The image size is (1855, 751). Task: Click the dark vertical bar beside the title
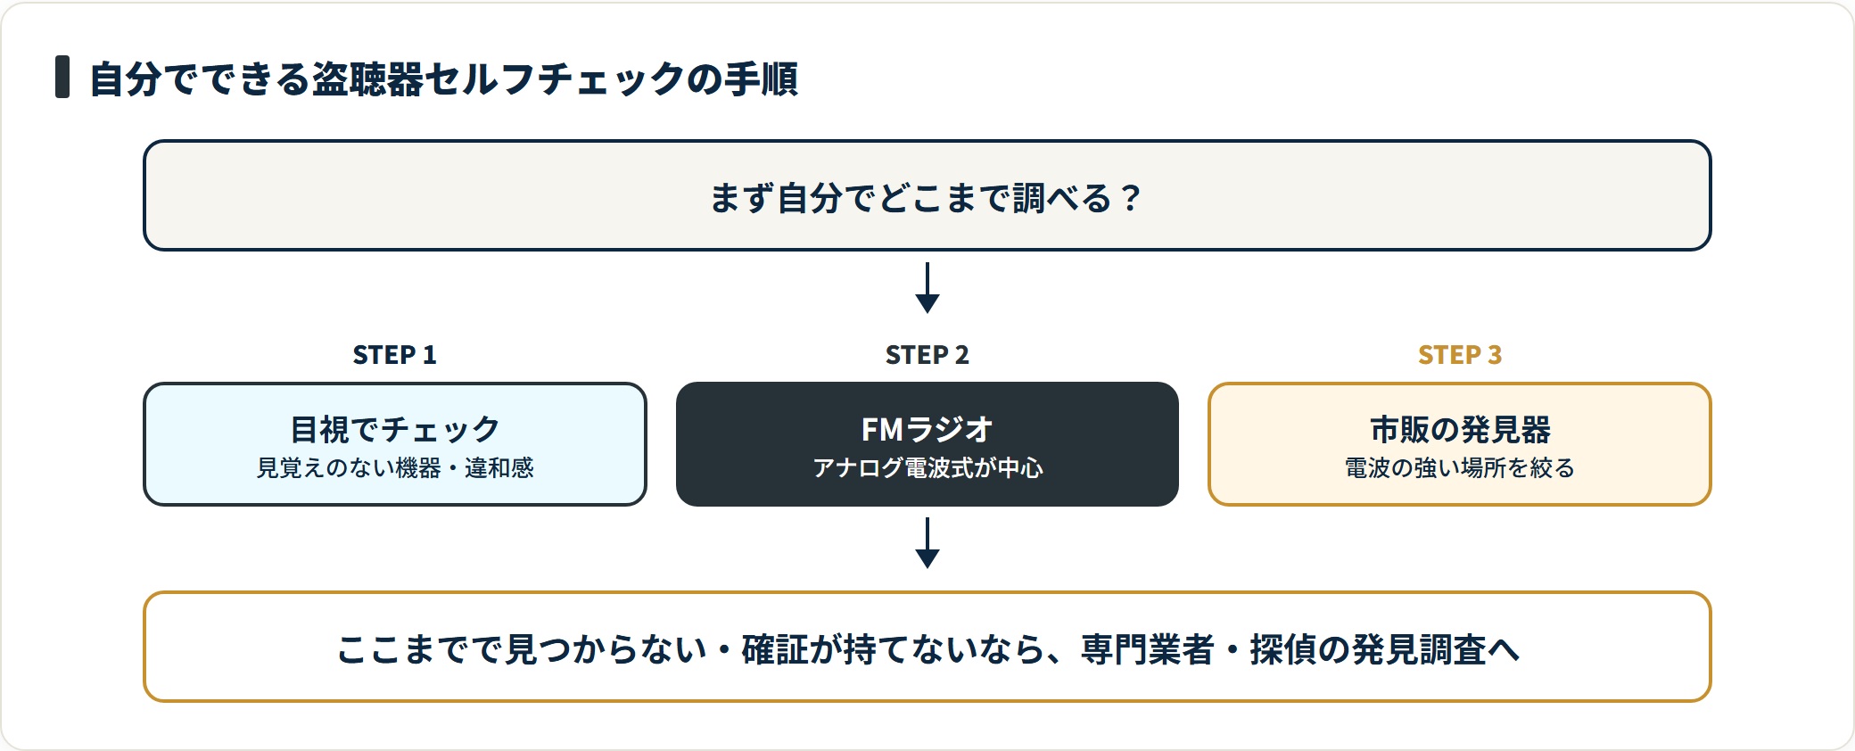point(62,77)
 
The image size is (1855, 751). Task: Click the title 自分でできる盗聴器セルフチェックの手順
point(444,78)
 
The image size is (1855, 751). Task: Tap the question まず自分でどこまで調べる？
point(926,197)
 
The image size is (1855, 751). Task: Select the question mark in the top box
point(1131,198)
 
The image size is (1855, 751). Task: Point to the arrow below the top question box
point(927,288)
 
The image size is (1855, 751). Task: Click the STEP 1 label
point(394,355)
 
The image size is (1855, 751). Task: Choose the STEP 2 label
point(927,355)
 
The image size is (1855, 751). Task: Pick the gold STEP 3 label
point(1460,355)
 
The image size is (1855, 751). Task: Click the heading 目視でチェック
point(395,429)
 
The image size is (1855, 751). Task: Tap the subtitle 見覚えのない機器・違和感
point(395,468)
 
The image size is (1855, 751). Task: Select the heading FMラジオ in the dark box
point(927,429)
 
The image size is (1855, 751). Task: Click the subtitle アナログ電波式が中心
point(927,468)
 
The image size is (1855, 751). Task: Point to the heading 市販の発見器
point(1460,429)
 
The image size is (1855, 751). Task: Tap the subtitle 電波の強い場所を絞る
point(1460,468)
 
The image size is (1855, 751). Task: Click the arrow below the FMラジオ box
point(927,543)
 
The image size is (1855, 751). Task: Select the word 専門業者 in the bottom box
point(1148,649)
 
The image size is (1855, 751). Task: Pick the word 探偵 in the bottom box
point(1282,649)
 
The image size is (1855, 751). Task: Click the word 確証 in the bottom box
point(774,649)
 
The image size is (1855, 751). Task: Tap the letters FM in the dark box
point(883,430)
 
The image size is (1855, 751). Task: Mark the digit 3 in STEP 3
point(1495,355)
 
